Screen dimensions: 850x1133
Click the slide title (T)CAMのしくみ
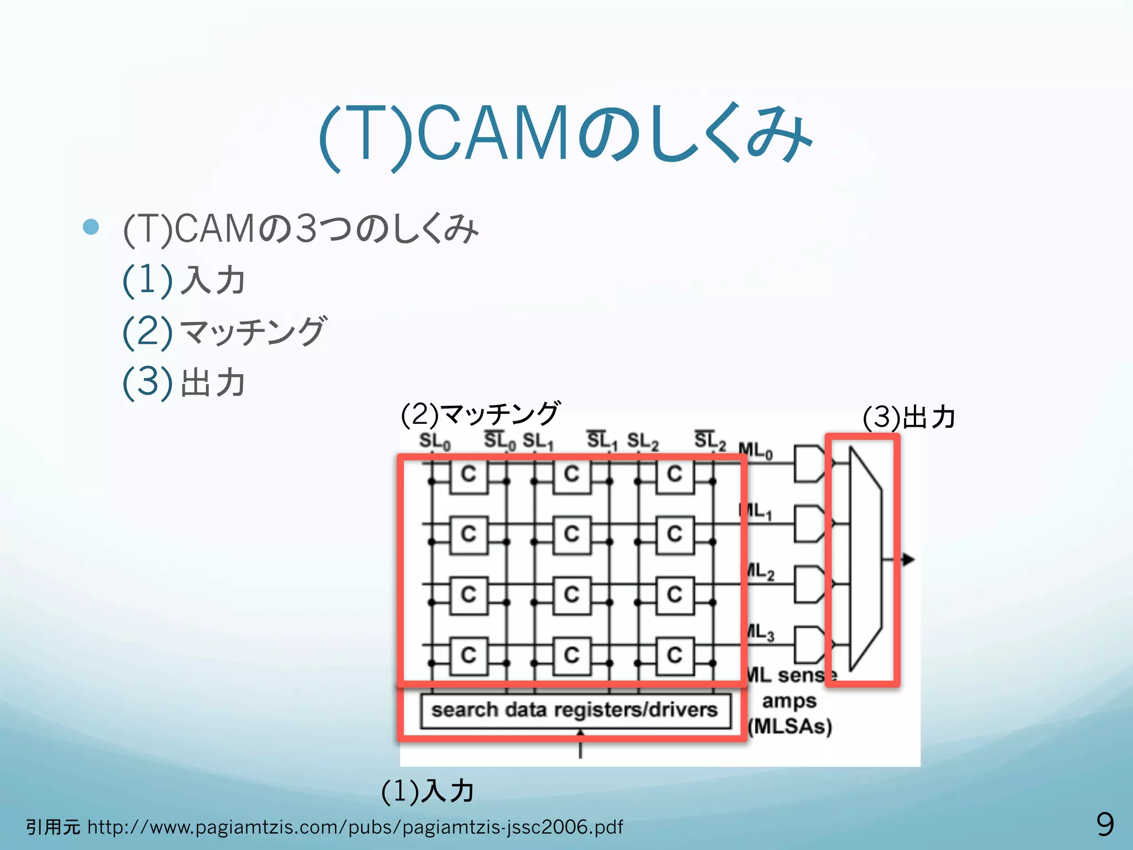[x=565, y=134]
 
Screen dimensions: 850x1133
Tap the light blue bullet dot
[x=91, y=226]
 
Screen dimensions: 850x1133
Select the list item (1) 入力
[x=184, y=280]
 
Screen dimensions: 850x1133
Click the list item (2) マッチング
[x=225, y=331]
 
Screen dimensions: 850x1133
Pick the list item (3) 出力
[x=184, y=382]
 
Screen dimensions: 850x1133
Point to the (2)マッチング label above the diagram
[x=480, y=414]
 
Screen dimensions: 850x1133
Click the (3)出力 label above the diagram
[x=909, y=417]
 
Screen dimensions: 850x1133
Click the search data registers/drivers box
[x=574, y=710]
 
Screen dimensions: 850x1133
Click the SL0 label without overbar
[x=434, y=441]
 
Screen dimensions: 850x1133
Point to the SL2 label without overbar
[x=642, y=441]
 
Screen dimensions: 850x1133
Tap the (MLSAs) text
[x=789, y=725]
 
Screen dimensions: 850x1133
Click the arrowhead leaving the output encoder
[x=908, y=559]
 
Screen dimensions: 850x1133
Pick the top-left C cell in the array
[x=469, y=475]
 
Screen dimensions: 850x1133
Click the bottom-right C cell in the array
[x=674, y=656]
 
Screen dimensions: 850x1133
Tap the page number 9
[x=1105, y=824]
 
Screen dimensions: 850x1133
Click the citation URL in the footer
[x=355, y=827]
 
